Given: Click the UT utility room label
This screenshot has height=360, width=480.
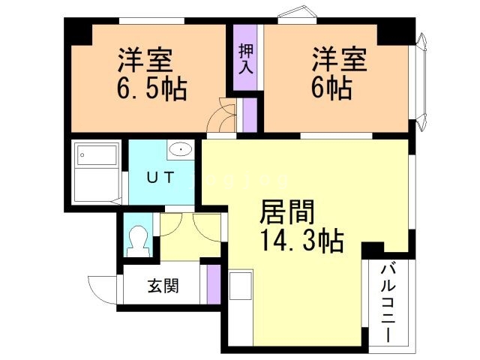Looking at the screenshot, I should click(161, 178).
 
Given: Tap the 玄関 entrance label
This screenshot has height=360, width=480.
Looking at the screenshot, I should click(163, 286).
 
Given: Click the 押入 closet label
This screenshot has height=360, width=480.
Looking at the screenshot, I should click(245, 58).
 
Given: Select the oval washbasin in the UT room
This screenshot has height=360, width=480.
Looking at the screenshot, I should click(181, 150).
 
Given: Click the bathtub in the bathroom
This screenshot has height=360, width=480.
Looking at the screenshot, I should click(97, 157).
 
